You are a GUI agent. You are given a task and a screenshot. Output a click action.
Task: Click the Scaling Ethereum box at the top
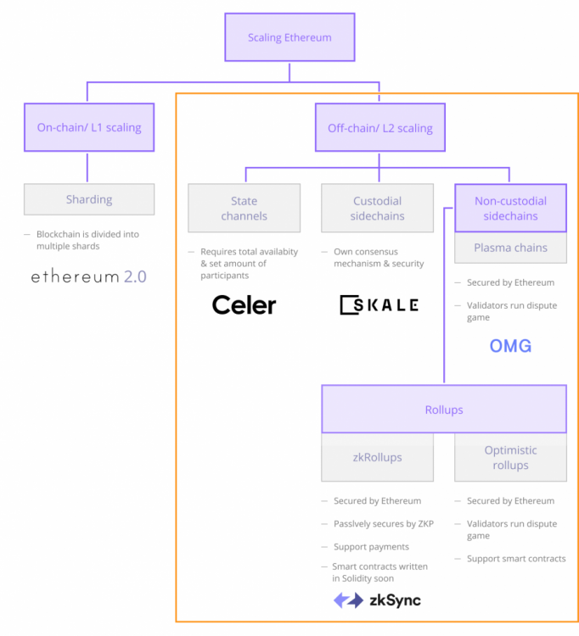pyautogui.click(x=289, y=37)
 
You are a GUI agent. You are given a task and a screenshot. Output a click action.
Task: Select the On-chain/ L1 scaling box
pyautogui.click(x=89, y=128)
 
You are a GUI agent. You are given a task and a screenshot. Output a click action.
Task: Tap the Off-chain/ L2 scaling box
pyautogui.click(x=379, y=128)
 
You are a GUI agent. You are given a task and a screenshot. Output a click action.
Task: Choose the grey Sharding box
pyautogui.click(x=89, y=199)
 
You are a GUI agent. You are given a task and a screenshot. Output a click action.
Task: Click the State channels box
pyautogui.click(x=244, y=209)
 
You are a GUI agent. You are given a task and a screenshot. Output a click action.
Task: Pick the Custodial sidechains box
pyautogui.click(x=378, y=209)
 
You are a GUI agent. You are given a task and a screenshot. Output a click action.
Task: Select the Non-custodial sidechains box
pyautogui.click(x=510, y=209)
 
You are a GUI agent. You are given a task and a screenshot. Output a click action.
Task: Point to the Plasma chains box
pyautogui.click(x=510, y=248)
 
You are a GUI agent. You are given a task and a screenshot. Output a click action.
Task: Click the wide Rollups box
pyautogui.click(x=444, y=410)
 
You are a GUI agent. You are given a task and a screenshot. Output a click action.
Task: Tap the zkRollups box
pyautogui.click(x=378, y=457)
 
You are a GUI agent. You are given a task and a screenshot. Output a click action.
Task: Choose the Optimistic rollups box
pyautogui.click(x=510, y=458)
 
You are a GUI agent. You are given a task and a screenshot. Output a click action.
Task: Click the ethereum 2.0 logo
pyautogui.click(x=89, y=276)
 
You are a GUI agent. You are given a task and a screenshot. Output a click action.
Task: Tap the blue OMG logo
pyautogui.click(x=510, y=346)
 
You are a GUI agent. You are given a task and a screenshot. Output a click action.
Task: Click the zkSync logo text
pyautogui.click(x=394, y=600)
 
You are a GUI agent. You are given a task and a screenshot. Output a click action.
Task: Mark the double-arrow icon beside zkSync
pyautogui.click(x=348, y=600)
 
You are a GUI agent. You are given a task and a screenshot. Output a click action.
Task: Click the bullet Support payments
pyautogui.click(x=371, y=547)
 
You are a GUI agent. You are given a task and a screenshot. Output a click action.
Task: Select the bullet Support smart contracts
pyautogui.click(x=515, y=559)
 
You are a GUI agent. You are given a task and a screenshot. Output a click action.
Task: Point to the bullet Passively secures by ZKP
pyautogui.click(x=383, y=524)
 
